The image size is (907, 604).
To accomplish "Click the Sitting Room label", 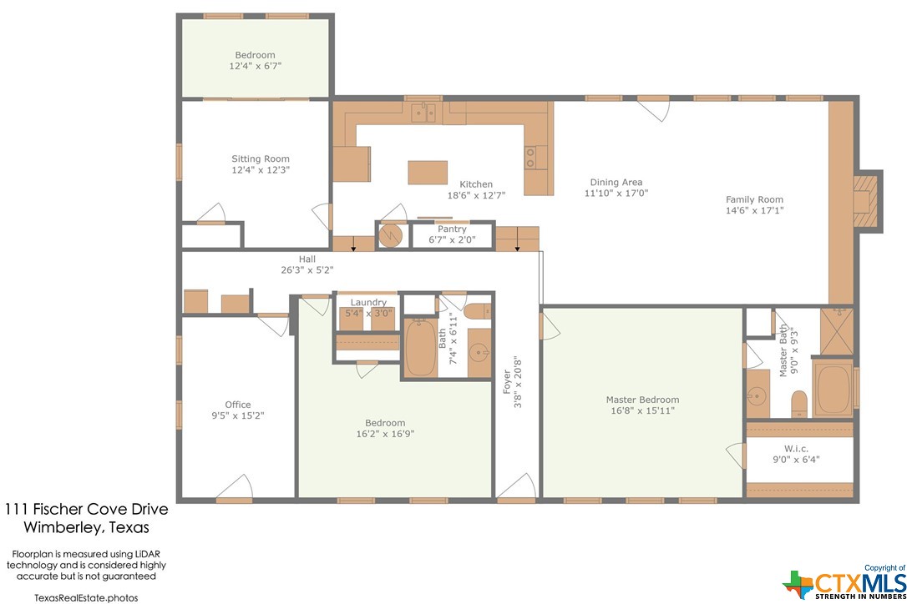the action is (x=261, y=159).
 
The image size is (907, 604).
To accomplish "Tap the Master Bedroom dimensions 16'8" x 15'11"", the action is (x=642, y=411).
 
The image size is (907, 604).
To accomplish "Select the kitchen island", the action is (x=428, y=172).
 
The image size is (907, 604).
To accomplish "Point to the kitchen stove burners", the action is (x=530, y=157).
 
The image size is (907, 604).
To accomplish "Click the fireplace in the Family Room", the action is (x=867, y=201).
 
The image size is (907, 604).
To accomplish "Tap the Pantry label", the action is (x=452, y=229).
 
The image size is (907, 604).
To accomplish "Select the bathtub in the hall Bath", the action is (x=420, y=347).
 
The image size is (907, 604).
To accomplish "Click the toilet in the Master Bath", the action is (x=798, y=403).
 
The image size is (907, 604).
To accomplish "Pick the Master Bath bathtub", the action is (x=833, y=388).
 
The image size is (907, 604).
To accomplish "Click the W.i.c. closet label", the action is (x=797, y=449).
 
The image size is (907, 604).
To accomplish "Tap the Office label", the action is (x=238, y=405).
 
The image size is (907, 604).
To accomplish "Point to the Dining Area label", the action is (x=616, y=182).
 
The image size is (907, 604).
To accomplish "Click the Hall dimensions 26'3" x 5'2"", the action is (x=307, y=270).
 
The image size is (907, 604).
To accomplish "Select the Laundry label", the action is (x=368, y=302).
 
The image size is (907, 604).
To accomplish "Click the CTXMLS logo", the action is (x=844, y=584).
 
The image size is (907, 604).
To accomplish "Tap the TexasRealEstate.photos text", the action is (x=86, y=597).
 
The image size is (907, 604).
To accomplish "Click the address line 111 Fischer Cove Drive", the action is (x=87, y=509).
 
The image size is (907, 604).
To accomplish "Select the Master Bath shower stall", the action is (x=837, y=331).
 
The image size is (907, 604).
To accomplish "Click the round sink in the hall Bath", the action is (x=479, y=351).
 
